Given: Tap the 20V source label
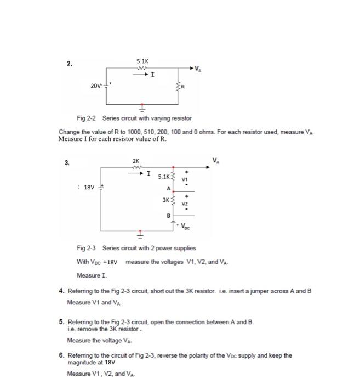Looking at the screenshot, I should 96,86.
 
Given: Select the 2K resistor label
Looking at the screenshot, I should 136,160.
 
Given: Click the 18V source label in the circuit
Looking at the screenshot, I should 88,187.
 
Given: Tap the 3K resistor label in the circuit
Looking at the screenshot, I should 165,200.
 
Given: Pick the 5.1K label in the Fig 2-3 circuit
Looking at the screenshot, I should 163,177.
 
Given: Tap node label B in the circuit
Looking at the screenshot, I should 168,216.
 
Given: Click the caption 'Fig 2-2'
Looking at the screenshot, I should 86,118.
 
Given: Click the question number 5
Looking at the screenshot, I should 61,323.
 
